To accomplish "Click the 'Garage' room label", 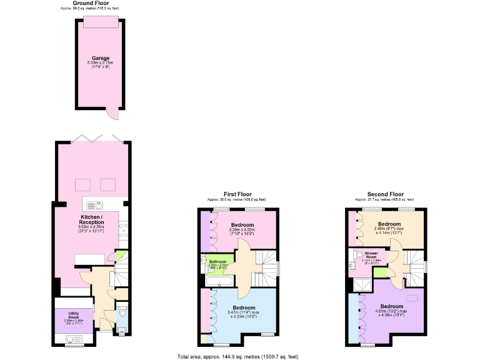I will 96,57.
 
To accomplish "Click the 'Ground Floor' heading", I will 92,3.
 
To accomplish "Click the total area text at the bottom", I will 238,356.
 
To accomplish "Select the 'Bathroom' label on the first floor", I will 217,261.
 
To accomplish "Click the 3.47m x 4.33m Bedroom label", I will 244,307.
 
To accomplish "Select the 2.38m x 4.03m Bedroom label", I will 242,225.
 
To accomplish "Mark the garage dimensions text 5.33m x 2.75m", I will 96,63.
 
